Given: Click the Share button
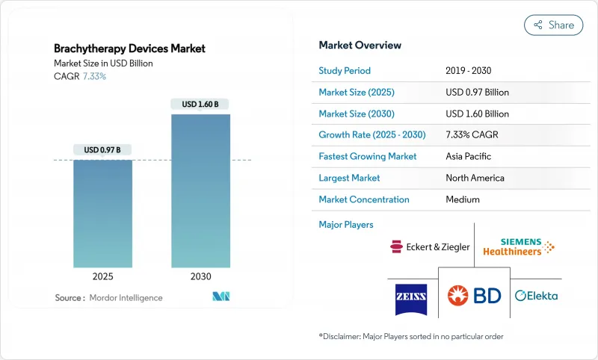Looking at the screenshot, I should [553, 25].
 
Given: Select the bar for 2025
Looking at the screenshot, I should [102, 214].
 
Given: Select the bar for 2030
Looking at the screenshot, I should [200, 190].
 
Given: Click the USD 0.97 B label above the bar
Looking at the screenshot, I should [102, 150].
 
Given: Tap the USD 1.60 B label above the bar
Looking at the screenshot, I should [200, 105].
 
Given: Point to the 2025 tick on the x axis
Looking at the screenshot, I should [102, 276].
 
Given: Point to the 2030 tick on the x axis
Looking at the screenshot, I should [200, 276].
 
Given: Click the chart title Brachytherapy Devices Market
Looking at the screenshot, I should [130, 49].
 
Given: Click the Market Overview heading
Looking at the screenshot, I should [360, 46].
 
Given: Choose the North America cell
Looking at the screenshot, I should [475, 179].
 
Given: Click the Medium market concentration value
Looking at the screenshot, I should [463, 200].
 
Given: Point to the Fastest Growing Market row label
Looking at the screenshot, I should [368, 157].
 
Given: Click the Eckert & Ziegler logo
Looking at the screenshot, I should [430, 246].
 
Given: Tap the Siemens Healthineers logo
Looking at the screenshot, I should [517, 246].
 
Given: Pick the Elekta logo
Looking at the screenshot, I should [536, 296].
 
